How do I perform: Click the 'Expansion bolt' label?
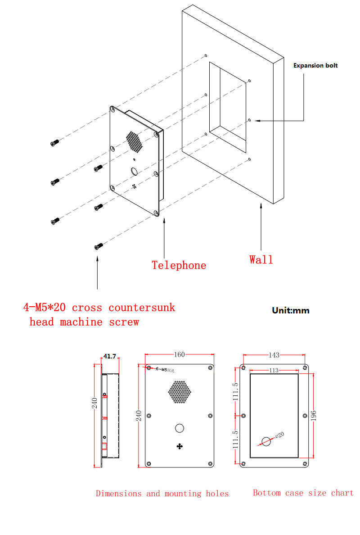[315, 65]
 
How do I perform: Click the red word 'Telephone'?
[179, 265]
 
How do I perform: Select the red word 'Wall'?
[261, 259]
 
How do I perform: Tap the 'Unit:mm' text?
[291, 310]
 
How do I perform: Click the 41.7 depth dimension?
[110, 356]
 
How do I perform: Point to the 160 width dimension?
[179, 354]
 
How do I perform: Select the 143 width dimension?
[274, 355]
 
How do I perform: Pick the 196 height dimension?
[315, 415]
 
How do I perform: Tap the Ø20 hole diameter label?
[279, 435]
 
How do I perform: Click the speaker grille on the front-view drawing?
[180, 392]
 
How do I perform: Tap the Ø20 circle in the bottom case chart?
[266, 441]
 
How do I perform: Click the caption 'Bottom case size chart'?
[303, 493]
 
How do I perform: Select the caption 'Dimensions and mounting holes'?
[162, 494]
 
